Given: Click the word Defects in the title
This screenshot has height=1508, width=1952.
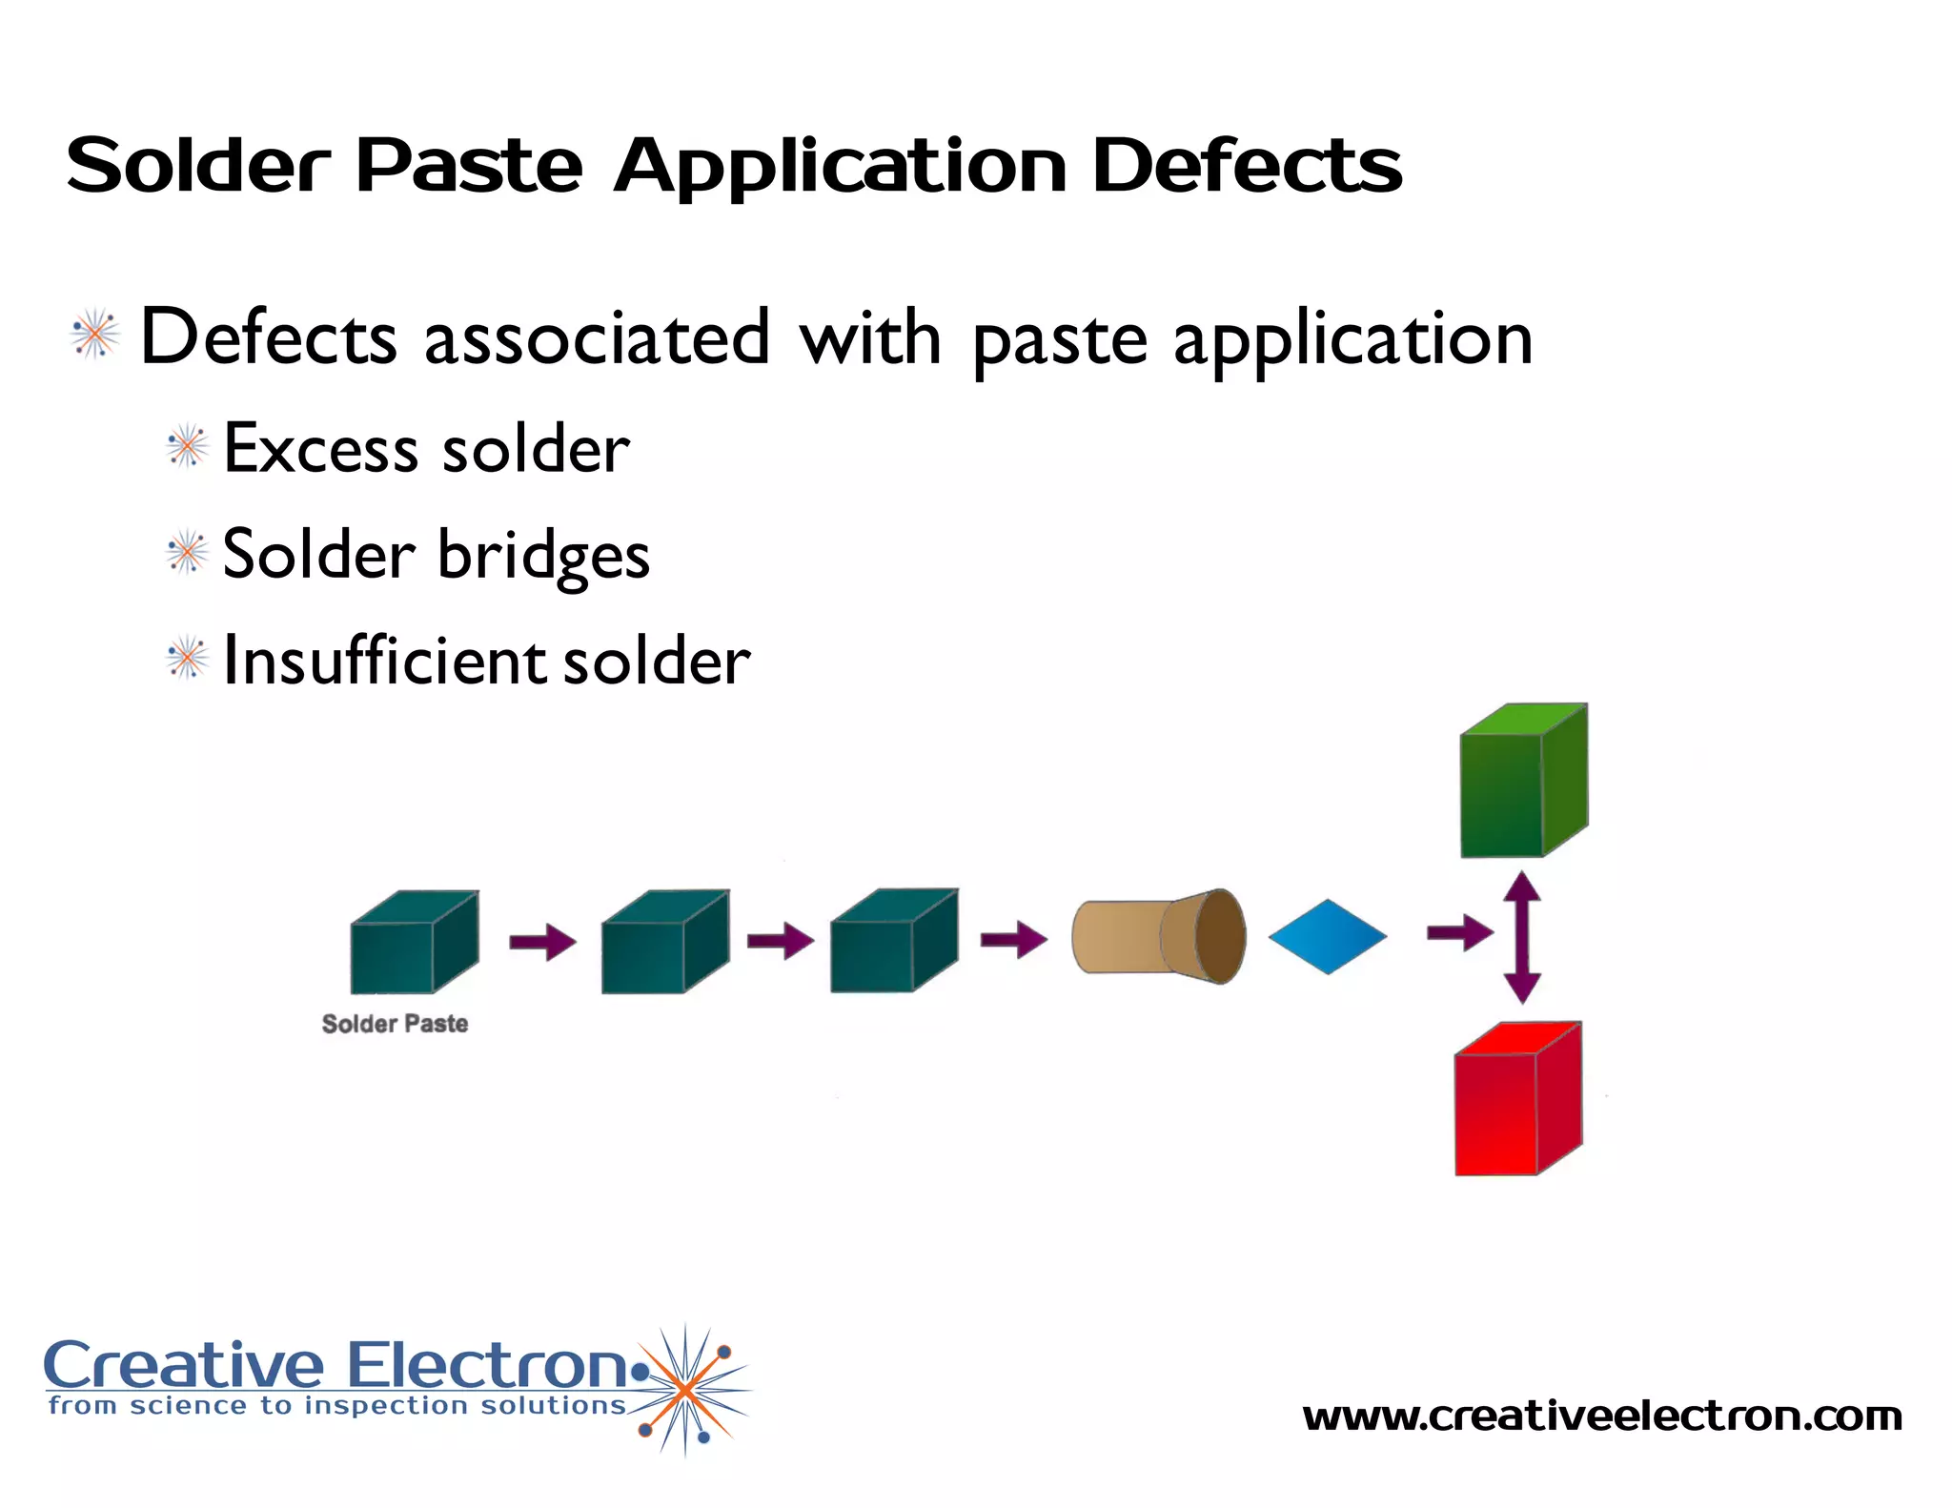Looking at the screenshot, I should point(1246,166).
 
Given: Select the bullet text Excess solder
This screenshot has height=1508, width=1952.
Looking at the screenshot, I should point(426,448).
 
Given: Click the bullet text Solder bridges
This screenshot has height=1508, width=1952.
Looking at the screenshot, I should point(436,555).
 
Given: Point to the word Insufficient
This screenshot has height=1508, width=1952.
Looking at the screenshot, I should point(384,660).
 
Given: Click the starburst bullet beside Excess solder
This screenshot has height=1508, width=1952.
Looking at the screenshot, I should point(187,446).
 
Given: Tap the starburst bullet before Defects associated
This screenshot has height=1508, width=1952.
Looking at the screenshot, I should point(95,335).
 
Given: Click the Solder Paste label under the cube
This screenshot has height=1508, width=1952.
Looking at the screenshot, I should point(395,1024).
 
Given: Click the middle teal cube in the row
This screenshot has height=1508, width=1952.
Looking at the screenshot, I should point(664,943).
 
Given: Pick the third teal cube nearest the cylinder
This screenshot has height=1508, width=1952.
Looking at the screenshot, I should point(893,942).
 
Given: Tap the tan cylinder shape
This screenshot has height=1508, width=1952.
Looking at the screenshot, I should point(1157,937).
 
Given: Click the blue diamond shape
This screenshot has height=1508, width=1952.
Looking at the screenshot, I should point(1327,937).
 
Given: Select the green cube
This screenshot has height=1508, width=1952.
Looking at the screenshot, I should point(1522,782).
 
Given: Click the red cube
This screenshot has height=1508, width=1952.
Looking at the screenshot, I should point(1516,1100).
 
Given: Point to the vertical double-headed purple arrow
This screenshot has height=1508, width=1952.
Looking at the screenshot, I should point(1522,937).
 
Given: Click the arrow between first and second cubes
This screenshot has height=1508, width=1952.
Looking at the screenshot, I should point(542,942).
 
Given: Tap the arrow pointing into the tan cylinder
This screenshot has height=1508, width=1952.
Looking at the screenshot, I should point(1013,940).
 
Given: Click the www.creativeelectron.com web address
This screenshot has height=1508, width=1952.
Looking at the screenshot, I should point(1601,1416).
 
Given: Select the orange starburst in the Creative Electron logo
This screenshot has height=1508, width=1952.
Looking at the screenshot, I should point(684,1391).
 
